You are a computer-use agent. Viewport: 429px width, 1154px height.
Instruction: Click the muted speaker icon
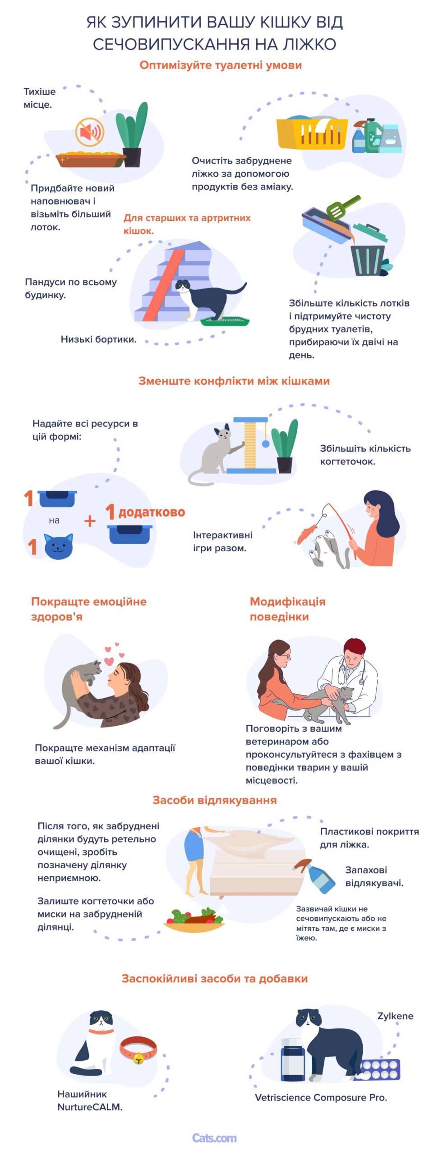(x=90, y=132)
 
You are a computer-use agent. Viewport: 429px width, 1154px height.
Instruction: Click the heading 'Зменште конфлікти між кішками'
(x=234, y=381)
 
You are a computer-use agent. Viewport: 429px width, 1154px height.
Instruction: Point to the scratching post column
(x=250, y=444)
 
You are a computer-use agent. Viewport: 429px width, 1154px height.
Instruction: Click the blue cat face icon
(x=58, y=546)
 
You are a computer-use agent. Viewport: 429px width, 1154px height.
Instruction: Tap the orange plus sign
(x=90, y=521)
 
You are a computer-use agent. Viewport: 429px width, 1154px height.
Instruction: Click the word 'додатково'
(x=152, y=512)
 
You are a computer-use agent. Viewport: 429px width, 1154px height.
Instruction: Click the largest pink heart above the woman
(x=109, y=661)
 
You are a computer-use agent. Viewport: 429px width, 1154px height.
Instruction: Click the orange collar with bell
(x=138, y=1050)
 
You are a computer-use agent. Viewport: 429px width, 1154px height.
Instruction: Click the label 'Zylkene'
(x=395, y=1016)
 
